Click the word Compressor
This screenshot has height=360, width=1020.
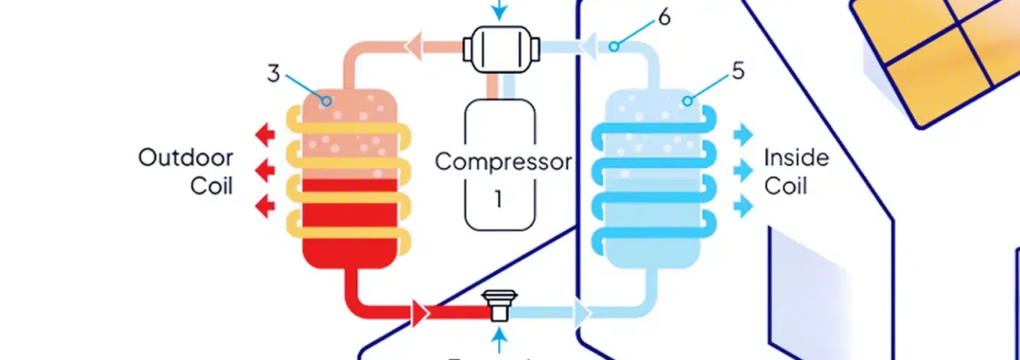502,161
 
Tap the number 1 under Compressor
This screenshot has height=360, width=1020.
498,199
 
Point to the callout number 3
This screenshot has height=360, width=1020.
274,73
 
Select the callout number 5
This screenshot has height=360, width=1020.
738,72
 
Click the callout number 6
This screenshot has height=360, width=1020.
664,16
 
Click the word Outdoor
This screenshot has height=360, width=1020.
185,158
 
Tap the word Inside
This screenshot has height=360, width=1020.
796,158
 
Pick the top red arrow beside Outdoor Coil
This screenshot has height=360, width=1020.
265,136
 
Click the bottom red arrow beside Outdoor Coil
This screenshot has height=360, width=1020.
265,205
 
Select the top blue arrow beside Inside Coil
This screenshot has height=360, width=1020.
743,135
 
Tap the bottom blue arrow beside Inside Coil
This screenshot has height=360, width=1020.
743,205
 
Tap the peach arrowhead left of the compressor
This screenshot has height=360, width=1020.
413,46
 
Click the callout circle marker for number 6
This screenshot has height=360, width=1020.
613,46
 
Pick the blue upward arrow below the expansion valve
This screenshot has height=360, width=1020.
499,340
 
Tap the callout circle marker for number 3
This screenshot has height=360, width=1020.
326,100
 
